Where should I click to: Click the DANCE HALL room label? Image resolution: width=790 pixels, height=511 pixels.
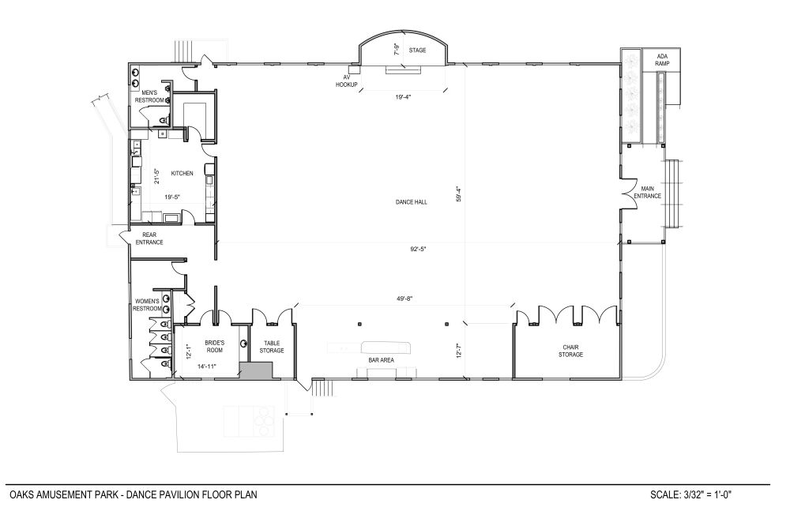(x=411, y=202)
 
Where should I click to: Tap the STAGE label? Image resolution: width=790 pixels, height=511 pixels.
(x=417, y=51)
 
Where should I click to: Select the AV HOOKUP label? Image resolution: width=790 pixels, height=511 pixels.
(x=347, y=81)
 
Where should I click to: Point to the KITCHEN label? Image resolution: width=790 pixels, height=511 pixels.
(x=182, y=173)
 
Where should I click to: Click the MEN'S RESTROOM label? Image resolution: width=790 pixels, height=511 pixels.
(x=149, y=97)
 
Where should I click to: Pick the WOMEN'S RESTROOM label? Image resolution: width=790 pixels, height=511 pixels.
(x=147, y=305)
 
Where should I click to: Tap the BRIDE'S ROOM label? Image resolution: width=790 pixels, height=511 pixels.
(x=214, y=347)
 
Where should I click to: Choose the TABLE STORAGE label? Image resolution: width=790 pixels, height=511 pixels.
(x=272, y=347)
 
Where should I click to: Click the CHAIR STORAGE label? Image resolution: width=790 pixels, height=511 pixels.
(x=570, y=351)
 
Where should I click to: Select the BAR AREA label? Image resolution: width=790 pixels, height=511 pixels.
(x=381, y=360)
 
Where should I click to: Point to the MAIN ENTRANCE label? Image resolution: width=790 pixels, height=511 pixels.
(x=648, y=193)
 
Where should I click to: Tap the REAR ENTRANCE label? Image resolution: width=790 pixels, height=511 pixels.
(x=149, y=239)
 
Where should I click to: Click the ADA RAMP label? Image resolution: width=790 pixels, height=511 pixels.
(x=662, y=60)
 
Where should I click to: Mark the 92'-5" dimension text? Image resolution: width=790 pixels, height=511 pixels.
(x=418, y=249)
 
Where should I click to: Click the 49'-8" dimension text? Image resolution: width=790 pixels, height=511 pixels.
(x=404, y=299)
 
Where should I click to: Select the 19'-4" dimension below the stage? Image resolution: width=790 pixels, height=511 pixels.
(x=403, y=97)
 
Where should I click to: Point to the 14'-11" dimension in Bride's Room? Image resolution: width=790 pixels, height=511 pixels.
(x=206, y=367)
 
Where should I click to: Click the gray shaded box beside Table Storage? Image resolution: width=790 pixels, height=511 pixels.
(x=256, y=370)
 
